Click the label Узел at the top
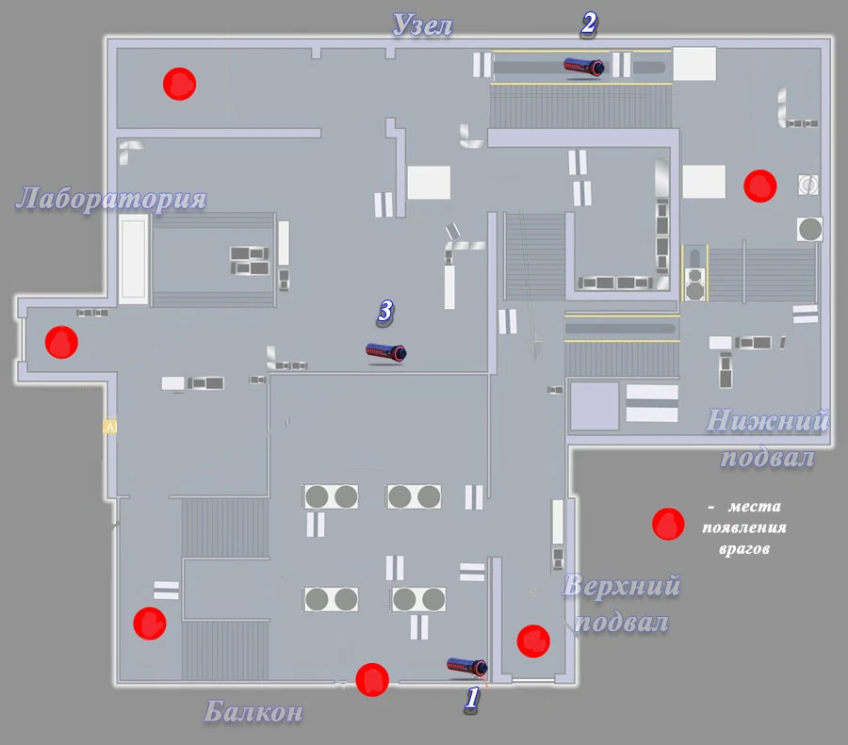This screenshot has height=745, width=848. tap(422, 25)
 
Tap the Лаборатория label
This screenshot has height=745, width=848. tap(111, 199)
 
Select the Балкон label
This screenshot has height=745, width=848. tap(253, 712)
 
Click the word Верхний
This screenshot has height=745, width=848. tap(621, 587)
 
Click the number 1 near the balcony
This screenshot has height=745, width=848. tap(473, 698)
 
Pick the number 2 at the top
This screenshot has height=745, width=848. tap(588, 24)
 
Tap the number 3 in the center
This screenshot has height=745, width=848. tap(384, 312)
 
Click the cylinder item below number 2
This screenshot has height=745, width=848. tap(583, 66)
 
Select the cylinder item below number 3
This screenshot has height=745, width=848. tap(386, 352)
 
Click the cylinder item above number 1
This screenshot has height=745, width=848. tap(467, 666)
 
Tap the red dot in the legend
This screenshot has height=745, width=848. tap(668, 524)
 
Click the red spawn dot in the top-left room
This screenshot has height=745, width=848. tap(178, 84)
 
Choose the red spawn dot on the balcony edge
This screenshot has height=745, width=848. tap(372, 678)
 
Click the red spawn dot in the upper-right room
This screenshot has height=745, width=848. tap(759, 186)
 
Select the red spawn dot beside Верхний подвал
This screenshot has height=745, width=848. tap(533, 640)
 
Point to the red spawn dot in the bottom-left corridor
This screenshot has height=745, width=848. tap(149, 623)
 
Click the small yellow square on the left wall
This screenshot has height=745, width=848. tap(109, 427)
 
